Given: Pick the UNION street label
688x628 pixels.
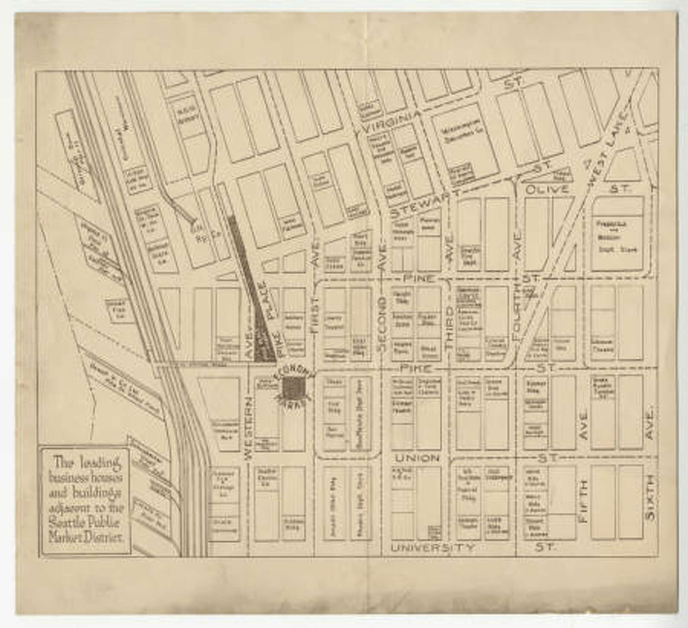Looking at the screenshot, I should point(417,458).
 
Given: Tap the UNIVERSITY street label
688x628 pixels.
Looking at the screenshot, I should point(433,547).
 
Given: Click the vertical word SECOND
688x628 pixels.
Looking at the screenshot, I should point(382,324).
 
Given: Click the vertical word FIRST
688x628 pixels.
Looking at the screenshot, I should point(314,314).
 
